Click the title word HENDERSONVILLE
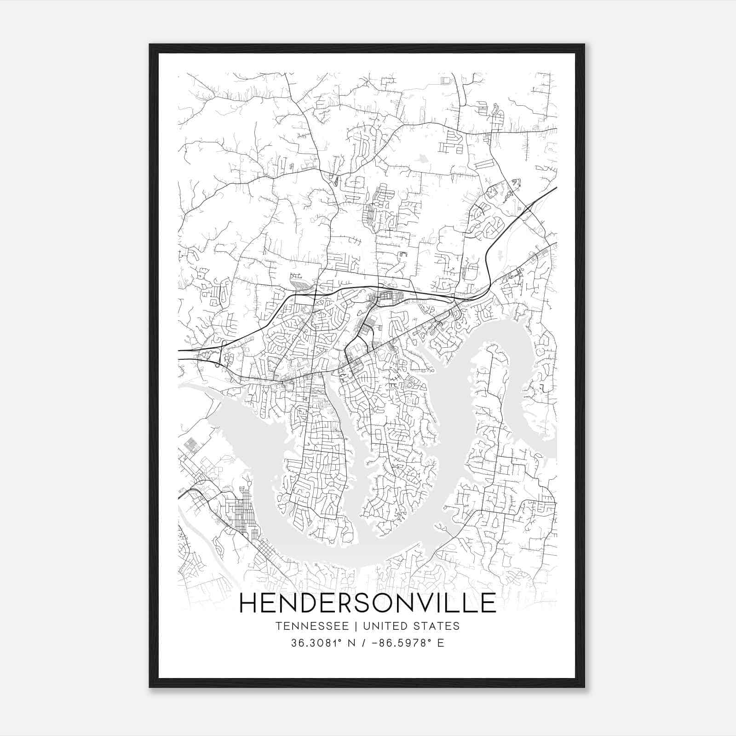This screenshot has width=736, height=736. [x=368, y=604]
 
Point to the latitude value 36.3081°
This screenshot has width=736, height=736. [x=318, y=643]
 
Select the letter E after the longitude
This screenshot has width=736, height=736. [x=441, y=643]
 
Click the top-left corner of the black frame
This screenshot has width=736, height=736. [x=150, y=45]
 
